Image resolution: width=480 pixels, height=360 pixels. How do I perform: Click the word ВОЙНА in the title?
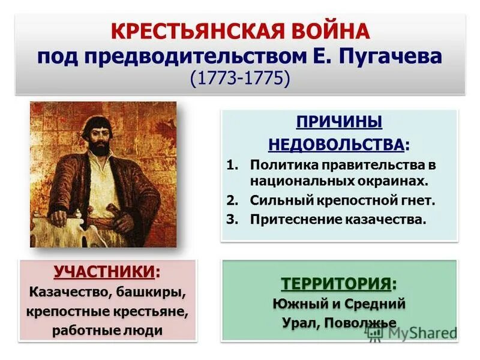[327, 31]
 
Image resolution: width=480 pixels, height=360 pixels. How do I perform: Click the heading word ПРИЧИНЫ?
[339, 122]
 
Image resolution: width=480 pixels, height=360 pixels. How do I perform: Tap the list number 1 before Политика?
[232, 164]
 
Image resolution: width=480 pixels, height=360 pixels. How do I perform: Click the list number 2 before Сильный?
[232, 200]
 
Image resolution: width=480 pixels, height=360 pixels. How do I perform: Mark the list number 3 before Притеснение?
[232, 219]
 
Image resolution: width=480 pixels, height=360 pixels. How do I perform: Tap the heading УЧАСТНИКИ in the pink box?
[104, 272]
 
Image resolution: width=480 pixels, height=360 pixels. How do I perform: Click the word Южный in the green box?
[298, 304]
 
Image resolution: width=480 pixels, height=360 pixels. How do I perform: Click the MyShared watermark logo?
[411, 333]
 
